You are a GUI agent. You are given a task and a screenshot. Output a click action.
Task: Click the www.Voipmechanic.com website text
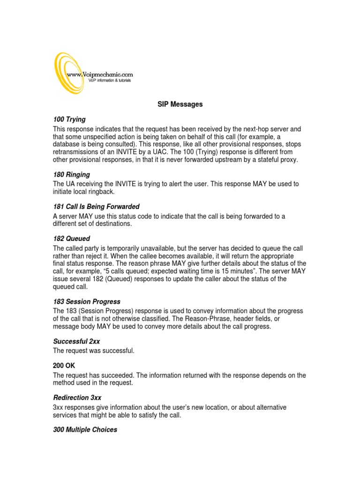pos(100,74)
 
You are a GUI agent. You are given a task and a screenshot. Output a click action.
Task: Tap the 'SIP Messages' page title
pos(180,105)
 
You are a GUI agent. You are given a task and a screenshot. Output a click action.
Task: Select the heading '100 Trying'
pos(69,120)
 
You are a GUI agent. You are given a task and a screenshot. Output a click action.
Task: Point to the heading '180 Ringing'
pos(71,174)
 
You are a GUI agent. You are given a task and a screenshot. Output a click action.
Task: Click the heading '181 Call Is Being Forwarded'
pos(96,207)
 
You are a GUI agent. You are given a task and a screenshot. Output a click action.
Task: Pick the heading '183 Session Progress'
pos(87,301)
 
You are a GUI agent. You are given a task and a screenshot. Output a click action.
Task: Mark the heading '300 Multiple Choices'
pos(85,429)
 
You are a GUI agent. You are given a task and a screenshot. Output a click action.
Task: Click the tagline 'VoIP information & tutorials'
pos(110,81)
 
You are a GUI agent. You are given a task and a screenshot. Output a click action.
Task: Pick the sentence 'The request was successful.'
pos(94,351)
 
